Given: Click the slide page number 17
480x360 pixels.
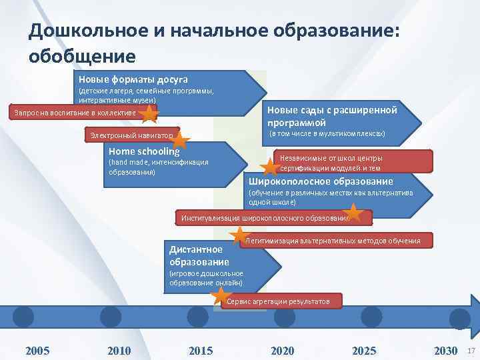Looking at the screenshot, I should [x=471, y=351].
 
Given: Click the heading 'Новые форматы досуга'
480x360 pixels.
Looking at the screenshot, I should [x=133, y=79].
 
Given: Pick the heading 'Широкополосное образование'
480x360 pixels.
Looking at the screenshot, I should [x=321, y=181].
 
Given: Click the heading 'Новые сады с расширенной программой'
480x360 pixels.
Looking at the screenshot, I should [x=332, y=116].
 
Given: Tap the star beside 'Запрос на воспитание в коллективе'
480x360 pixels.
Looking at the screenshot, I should [x=150, y=114].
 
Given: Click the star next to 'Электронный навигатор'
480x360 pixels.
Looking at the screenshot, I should [x=181, y=138].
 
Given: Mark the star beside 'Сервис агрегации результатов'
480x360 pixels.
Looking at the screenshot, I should [x=220, y=297].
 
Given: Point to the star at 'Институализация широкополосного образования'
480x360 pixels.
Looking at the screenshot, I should [x=355, y=213].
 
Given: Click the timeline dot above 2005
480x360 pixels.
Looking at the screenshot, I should [x=23, y=316].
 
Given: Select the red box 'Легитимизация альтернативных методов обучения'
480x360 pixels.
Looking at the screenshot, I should [x=333, y=240].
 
